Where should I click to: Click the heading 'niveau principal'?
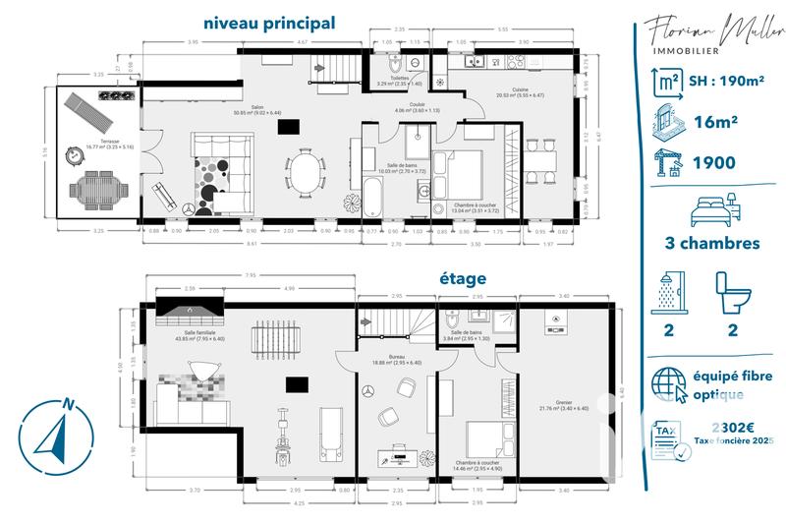coord(268,22)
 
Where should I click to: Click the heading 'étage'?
coord(462,278)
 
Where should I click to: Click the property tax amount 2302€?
coord(732,428)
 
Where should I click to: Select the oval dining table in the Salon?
coord(307,170)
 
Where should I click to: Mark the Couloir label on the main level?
coord(417,106)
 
